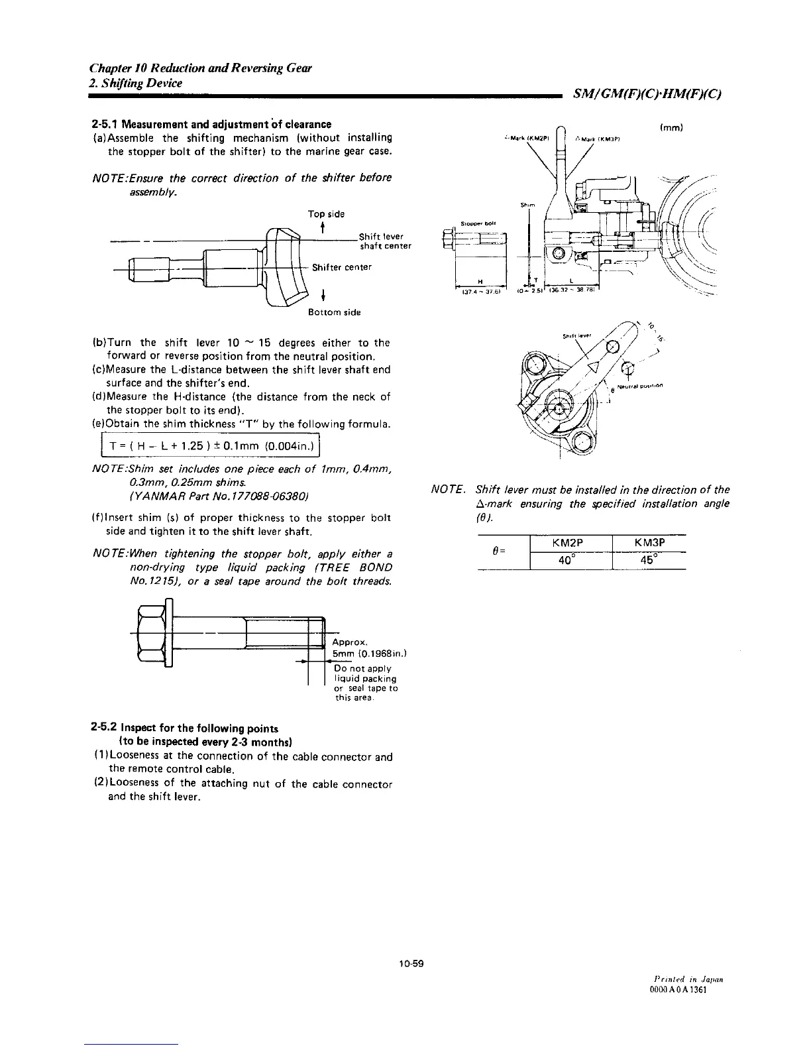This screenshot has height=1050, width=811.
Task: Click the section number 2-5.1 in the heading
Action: [105, 124]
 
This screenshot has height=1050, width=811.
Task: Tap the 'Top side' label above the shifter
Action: [326, 214]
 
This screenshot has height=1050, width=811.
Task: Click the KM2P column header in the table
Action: [571, 542]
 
